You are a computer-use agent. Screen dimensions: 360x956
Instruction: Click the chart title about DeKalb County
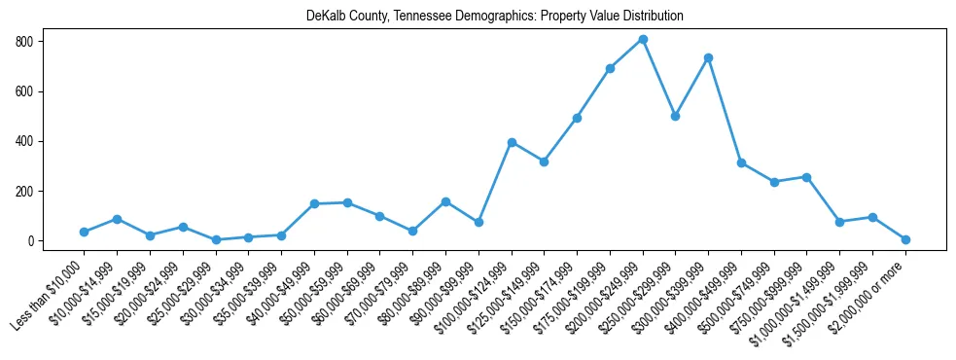[x=495, y=17]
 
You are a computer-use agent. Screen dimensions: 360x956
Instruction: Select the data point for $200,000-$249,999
[x=643, y=40]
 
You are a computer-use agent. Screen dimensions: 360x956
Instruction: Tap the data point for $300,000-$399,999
[x=709, y=58]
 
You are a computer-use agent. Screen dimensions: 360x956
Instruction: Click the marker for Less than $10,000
[x=85, y=232]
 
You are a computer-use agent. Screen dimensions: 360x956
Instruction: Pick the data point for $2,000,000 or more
[x=905, y=239]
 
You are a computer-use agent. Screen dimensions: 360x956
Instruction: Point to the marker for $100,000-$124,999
[x=512, y=142]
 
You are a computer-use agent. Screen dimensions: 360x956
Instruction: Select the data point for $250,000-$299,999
[x=676, y=116]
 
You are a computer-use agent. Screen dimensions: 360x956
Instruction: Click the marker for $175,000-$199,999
[x=610, y=68]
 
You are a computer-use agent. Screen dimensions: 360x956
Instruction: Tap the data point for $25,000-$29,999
[x=216, y=239]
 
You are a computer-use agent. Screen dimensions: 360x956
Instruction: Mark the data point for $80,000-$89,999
[x=445, y=201]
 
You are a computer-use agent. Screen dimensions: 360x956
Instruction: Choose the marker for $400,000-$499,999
[x=741, y=162]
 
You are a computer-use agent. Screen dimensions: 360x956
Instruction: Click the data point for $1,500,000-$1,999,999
[x=872, y=217]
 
